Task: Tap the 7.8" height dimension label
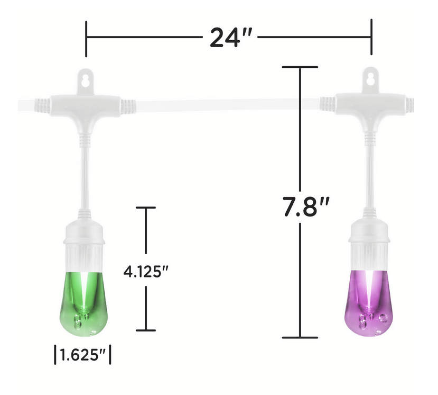point(306,206)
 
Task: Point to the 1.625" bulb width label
point(82,355)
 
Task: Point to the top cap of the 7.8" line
point(300,67)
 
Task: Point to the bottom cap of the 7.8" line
point(300,337)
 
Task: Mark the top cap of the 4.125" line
point(146,208)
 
